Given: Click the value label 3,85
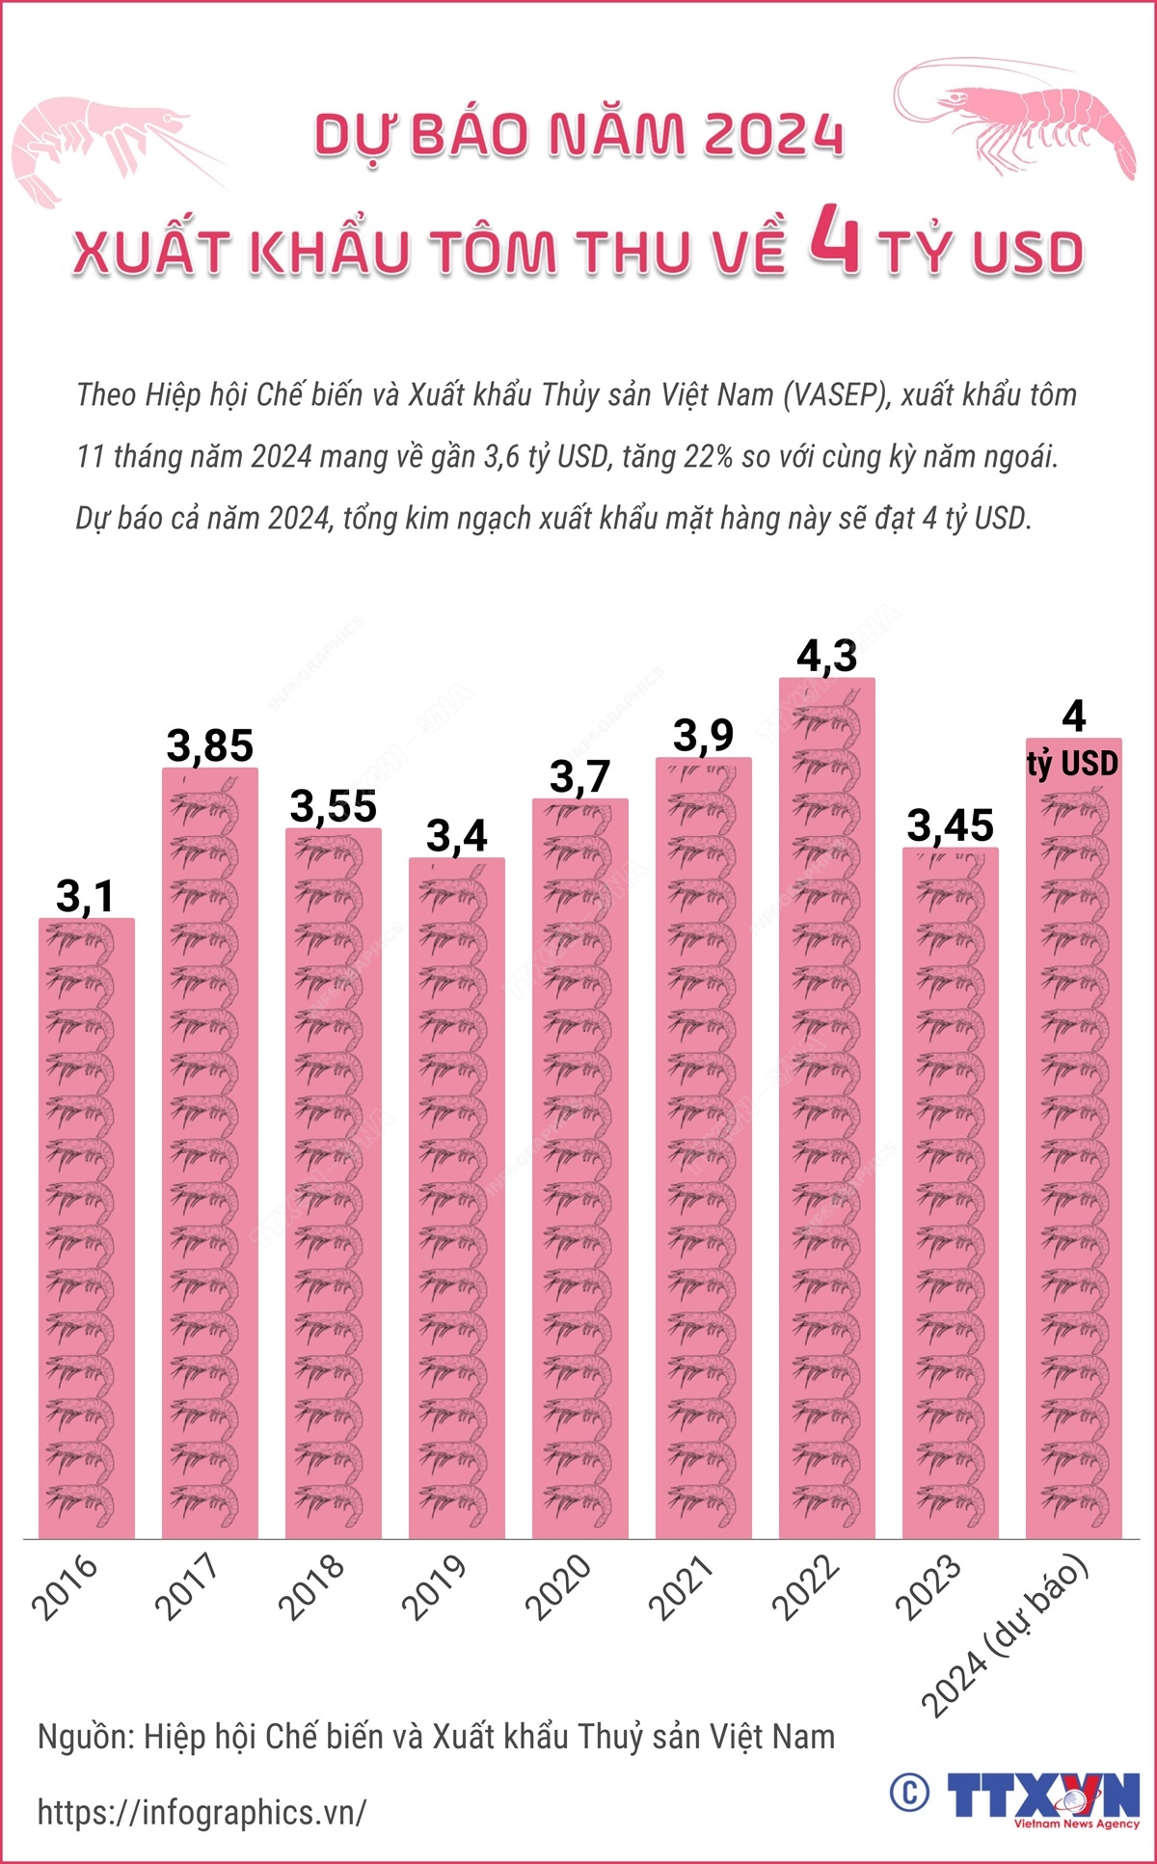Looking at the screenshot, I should click(x=210, y=745).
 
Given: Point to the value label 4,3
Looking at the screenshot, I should click(x=827, y=656).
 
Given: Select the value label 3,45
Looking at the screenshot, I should click(x=951, y=825).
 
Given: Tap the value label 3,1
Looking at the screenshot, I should click(x=86, y=896).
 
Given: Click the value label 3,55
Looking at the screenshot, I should click(x=334, y=806).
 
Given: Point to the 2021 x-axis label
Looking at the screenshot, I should click(x=681, y=1586).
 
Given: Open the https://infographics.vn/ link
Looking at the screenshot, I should click(x=202, y=1812).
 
